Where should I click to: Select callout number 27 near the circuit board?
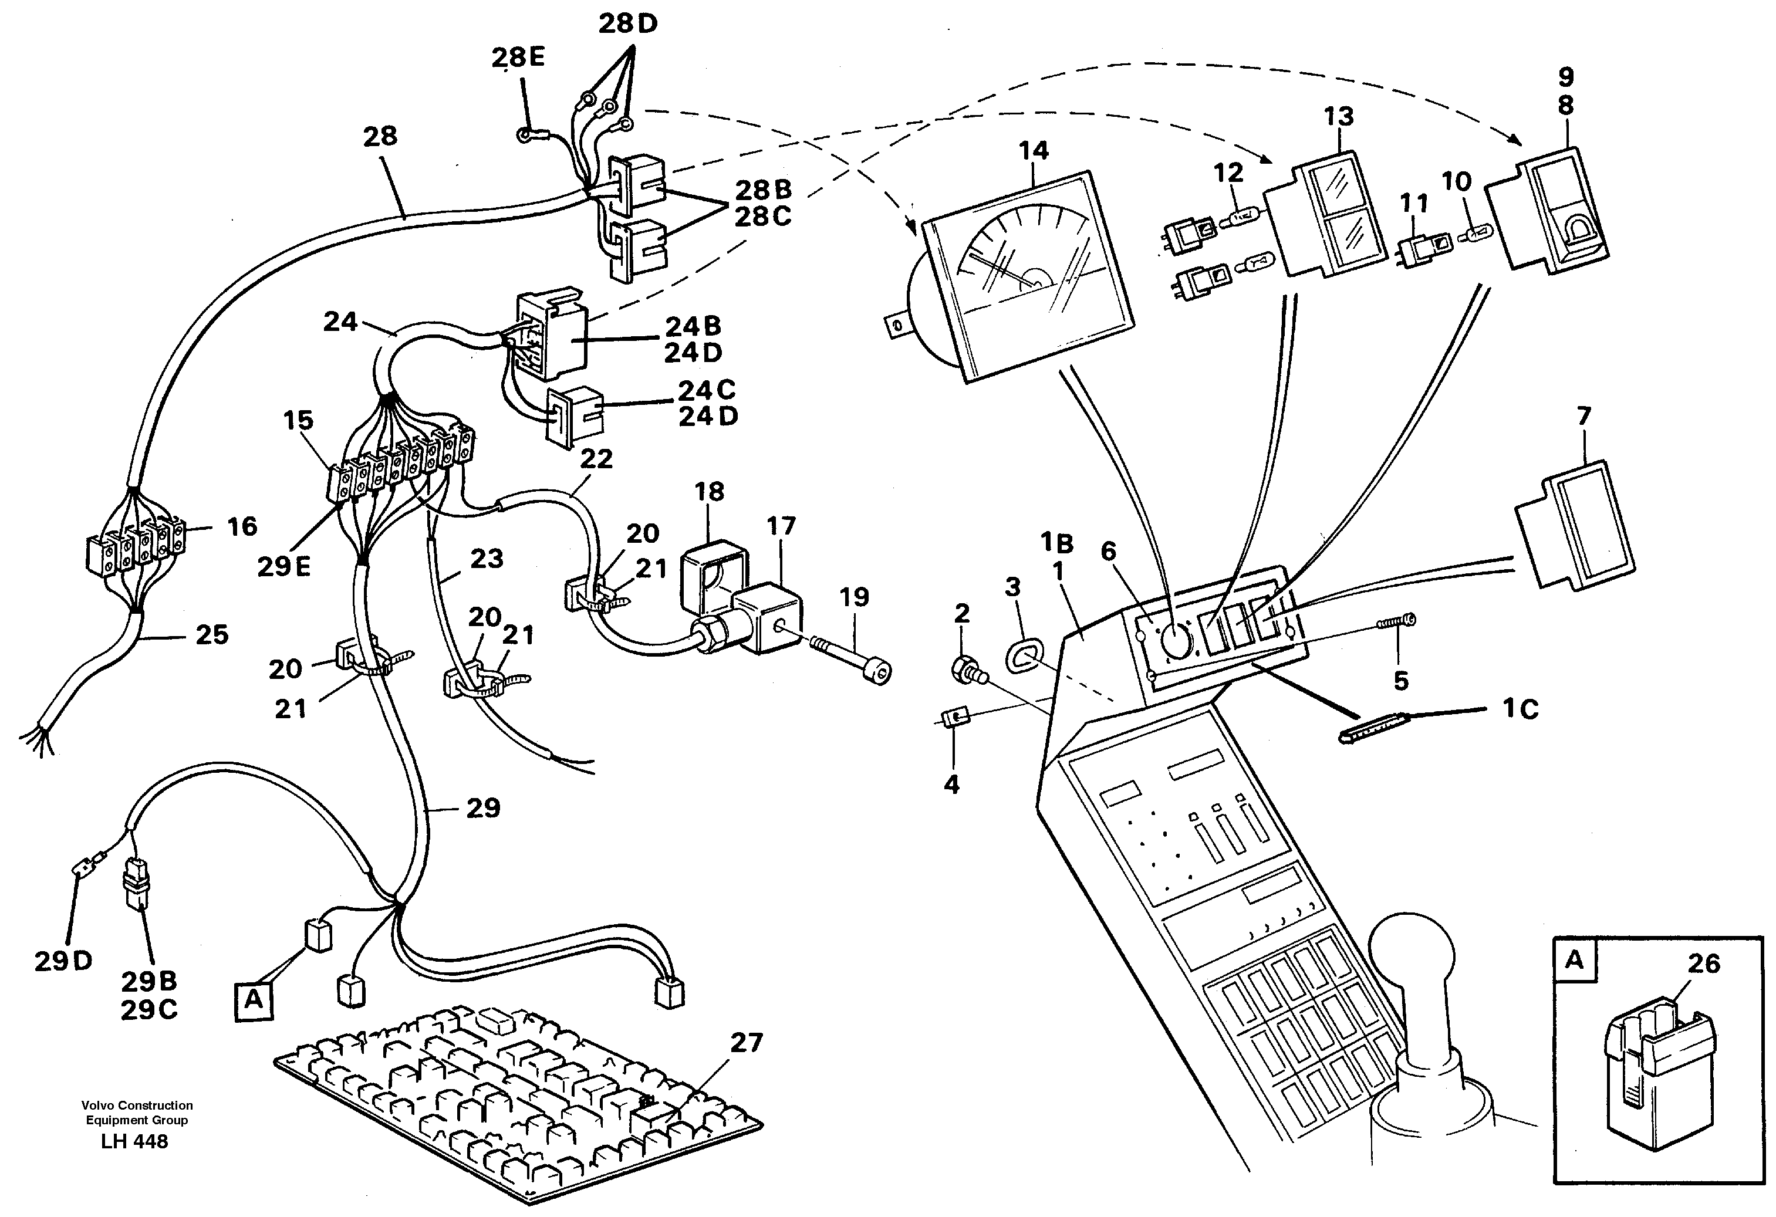(746, 1042)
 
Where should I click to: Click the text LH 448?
(134, 1141)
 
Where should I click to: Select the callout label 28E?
(518, 58)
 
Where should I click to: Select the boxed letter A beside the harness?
(254, 999)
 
